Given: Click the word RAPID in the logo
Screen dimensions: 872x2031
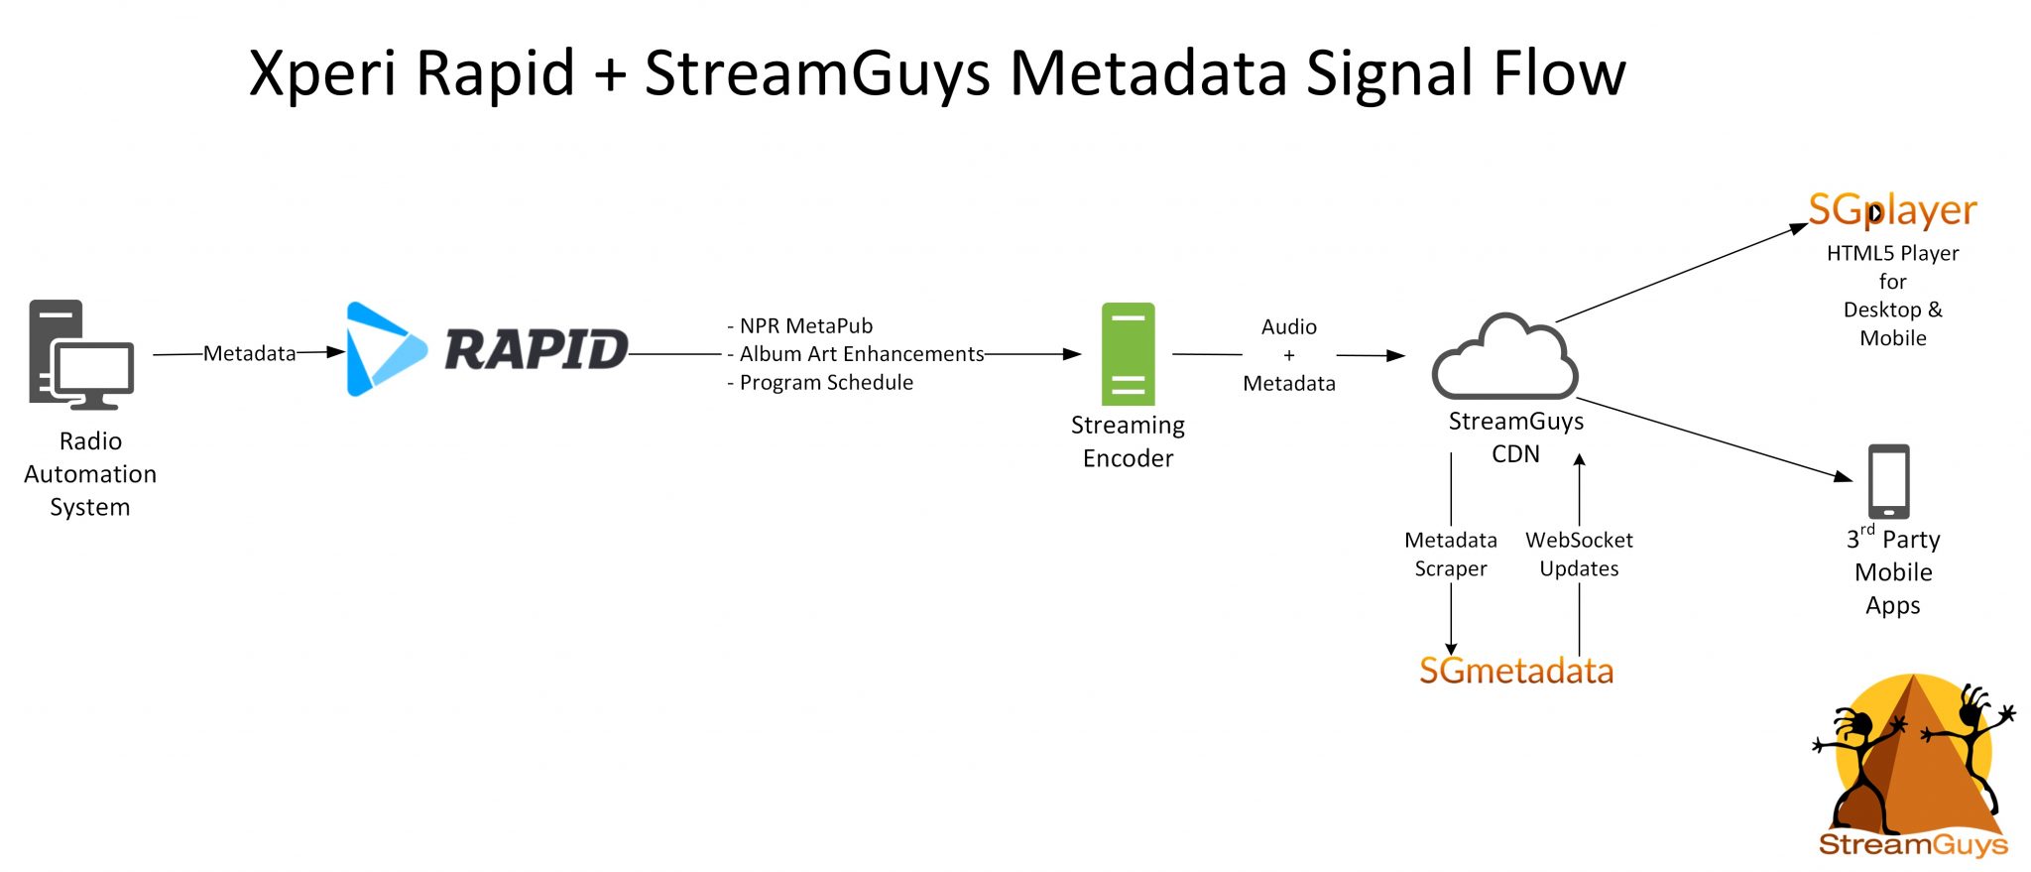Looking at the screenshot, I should (x=536, y=349).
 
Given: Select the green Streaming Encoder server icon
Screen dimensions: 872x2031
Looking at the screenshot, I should (x=1128, y=353).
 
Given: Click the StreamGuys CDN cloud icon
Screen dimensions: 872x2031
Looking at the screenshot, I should (x=1504, y=359).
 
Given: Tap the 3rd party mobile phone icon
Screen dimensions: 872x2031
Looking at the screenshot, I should (x=1888, y=481).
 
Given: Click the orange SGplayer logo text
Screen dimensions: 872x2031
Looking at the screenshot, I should (x=1891, y=210).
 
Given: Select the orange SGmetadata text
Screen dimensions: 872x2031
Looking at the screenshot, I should (x=1515, y=672).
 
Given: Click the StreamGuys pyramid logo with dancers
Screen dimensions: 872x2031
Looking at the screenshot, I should (x=1912, y=764).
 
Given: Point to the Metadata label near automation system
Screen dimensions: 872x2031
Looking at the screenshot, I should (x=249, y=353).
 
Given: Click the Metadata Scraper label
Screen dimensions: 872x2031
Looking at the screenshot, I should (x=1450, y=554).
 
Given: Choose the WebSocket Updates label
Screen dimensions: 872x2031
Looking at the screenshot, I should (x=1579, y=554).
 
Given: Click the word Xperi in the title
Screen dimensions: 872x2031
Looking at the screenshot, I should (x=322, y=73).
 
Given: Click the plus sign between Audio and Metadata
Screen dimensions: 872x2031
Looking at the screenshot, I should (x=1288, y=355).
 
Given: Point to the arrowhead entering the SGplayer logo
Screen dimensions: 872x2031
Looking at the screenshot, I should (x=1798, y=229).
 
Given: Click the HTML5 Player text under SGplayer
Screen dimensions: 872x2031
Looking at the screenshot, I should (x=1892, y=254).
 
